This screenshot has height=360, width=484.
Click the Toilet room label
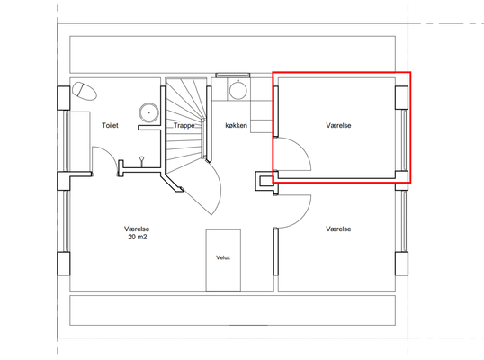tap(110, 125)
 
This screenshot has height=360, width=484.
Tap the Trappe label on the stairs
tap(184, 126)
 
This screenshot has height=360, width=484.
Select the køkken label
tap(236, 125)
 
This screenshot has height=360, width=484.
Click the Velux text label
tap(223, 257)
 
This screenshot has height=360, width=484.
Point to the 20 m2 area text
tap(138, 237)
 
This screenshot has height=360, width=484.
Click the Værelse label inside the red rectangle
tap(338, 125)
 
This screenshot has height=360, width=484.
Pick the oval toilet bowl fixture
tap(85, 91)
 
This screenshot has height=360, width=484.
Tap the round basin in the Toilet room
tap(148, 112)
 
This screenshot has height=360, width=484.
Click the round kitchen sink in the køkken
tap(238, 89)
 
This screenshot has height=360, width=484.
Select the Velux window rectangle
tap(223, 260)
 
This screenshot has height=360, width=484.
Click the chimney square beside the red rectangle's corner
tap(264, 181)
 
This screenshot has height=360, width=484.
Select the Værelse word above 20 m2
tap(137, 229)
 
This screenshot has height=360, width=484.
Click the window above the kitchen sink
tap(232, 75)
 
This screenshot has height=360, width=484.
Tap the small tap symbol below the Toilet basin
tap(141, 161)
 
